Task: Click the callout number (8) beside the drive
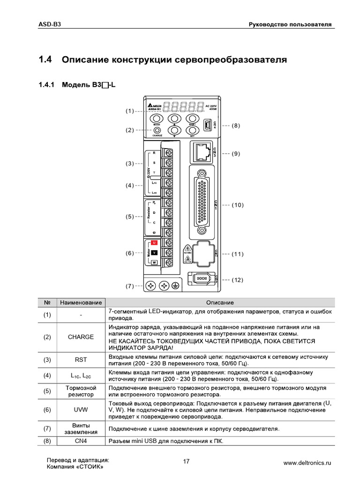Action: (x=236, y=126)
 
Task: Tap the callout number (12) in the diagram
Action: (x=237, y=280)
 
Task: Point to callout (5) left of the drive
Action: (x=130, y=217)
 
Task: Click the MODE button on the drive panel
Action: (x=157, y=120)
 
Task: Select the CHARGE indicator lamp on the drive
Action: (x=157, y=130)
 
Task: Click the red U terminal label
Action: (x=154, y=243)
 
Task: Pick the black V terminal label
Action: (x=154, y=253)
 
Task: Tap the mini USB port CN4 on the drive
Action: (x=208, y=125)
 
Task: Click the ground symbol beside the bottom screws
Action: (x=176, y=285)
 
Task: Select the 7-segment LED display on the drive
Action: (x=186, y=107)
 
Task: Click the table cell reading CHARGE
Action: (x=81, y=337)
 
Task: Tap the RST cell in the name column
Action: (x=81, y=360)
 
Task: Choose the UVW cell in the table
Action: (x=81, y=409)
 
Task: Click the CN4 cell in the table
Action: (x=81, y=441)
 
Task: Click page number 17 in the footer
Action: (x=187, y=462)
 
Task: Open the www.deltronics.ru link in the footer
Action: (x=307, y=463)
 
